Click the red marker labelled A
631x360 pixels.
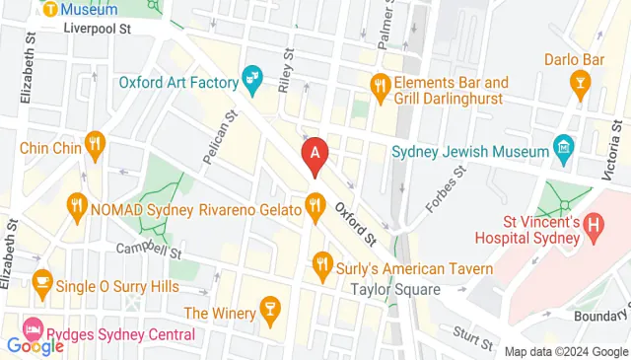[x=315, y=155]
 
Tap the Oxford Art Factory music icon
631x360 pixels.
[x=253, y=76]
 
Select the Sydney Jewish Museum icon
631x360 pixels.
[x=564, y=152]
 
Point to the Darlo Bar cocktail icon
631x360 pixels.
[x=581, y=83]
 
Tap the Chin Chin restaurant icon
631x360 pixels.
[x=94, y=147]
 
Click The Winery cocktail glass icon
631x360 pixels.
[x=270, y=313]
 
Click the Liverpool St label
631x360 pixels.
[x=98, y=30]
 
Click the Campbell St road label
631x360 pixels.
[x=150, y=253]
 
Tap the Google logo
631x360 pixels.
[x=35, y=345]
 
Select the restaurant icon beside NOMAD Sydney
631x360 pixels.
[x=76, y=205]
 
